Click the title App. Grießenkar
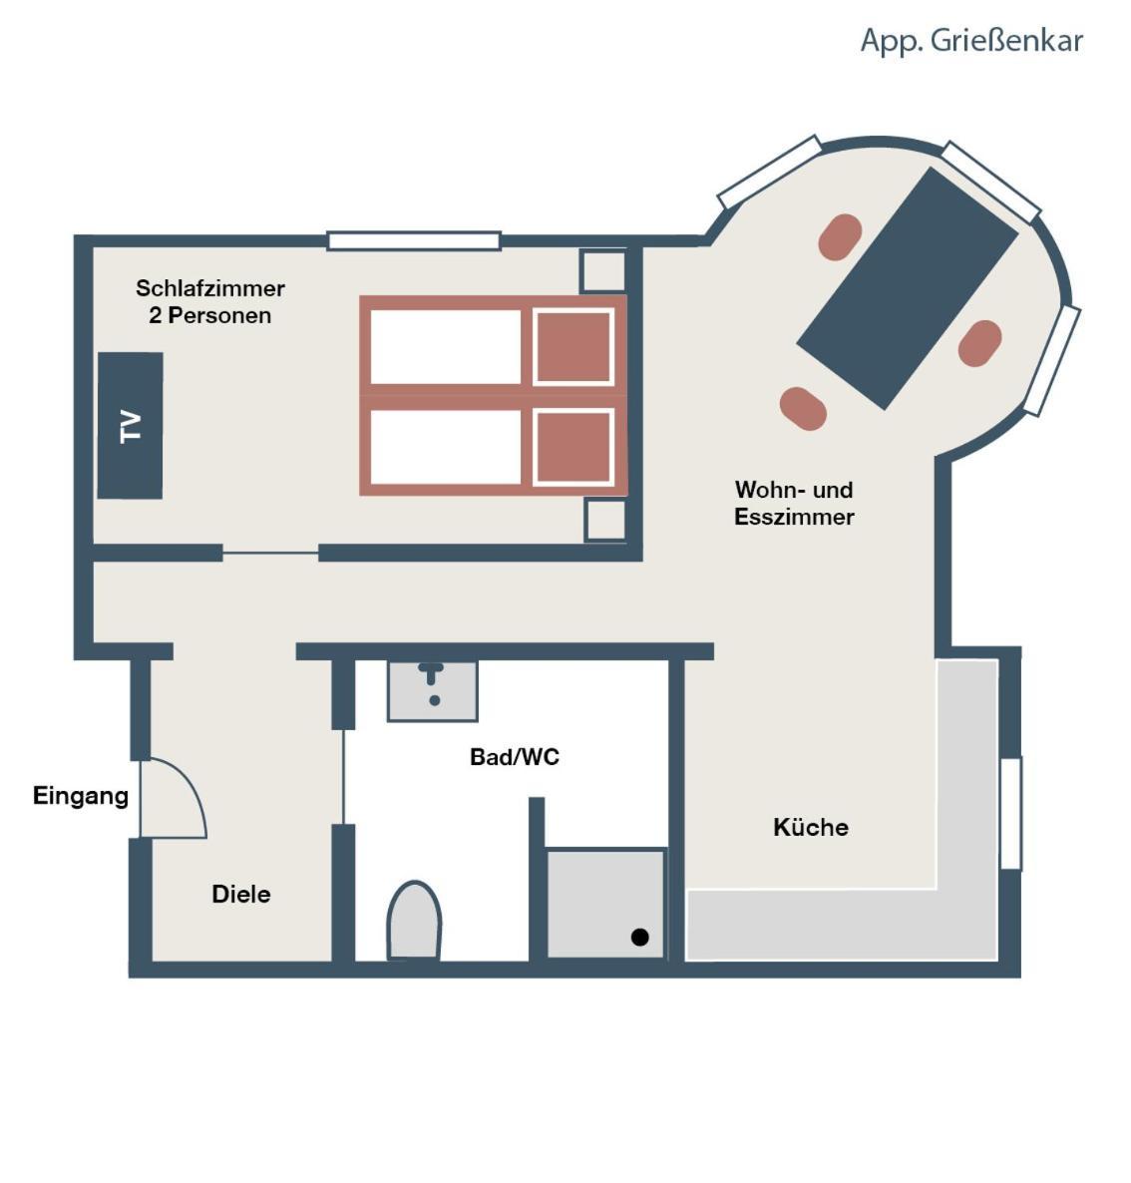971,42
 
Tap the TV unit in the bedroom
130,426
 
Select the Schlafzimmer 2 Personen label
210,302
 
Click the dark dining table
909,288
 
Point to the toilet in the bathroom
414,921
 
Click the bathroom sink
432,690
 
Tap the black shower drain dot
640,937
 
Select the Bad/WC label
515,757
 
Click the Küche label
810,827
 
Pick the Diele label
240,894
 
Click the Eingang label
81,797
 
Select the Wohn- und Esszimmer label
794,504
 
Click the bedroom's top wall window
414,240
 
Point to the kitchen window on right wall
1010,813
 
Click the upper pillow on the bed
573,346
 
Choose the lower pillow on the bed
573,448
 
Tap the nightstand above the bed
602,270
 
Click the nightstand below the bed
605,519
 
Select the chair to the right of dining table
980,343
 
